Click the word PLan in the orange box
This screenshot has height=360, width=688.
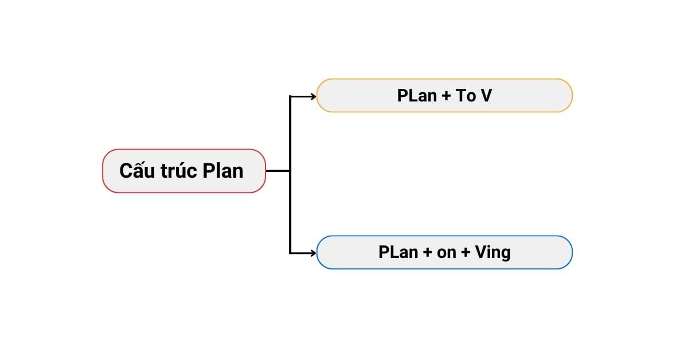(417, 96)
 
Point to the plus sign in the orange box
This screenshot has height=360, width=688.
(447, 96)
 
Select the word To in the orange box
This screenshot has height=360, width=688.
(465, 96)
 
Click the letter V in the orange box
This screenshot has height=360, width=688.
(486, 96)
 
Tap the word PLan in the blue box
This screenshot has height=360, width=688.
(398, 252)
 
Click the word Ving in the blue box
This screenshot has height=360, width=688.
(493, 253)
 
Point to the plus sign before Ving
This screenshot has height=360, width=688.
(466, 253)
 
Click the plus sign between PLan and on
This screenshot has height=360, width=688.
(428, 253)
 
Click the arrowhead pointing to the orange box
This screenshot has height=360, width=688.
(313, 96)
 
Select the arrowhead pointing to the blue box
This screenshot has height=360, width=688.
(313, 252)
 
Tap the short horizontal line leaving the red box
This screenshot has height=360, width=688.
(277, 171)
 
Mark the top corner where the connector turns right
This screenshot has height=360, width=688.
(290, 96)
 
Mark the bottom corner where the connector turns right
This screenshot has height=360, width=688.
(290, 252)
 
